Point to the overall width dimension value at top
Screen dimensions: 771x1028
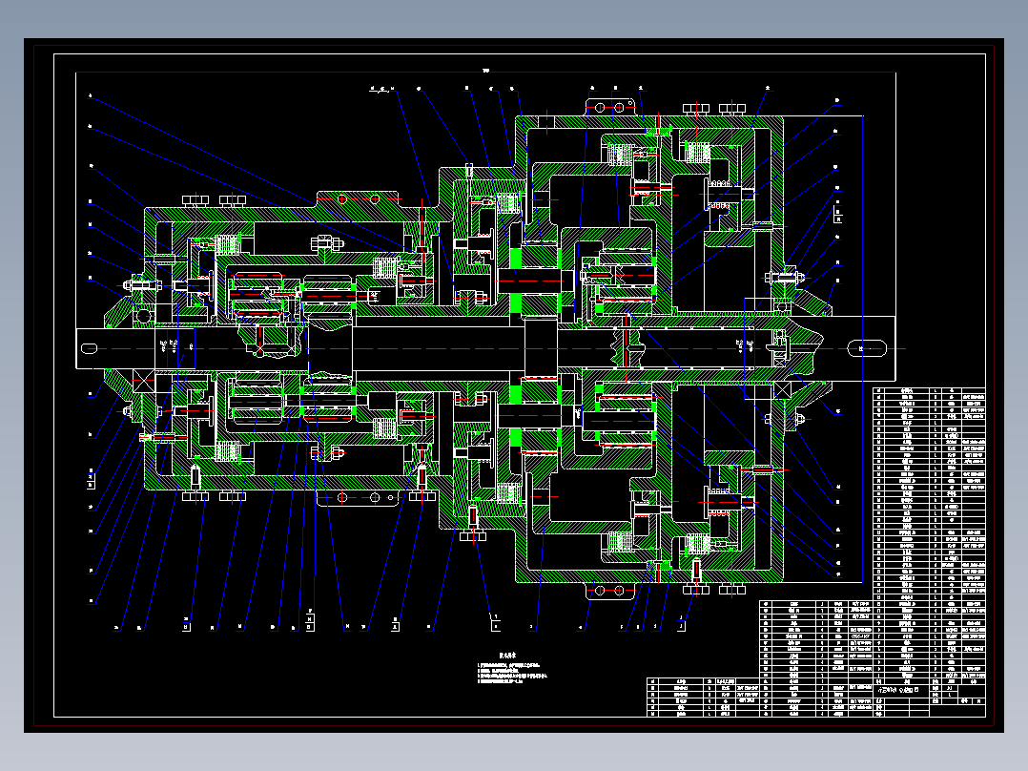(x=485, y=70)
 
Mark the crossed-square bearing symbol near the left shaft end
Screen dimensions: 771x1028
(x=143, y=382)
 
